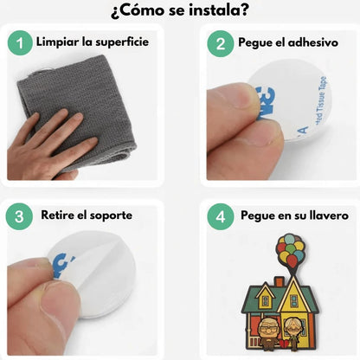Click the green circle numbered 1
20,43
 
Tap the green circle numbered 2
221,43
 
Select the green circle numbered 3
19,216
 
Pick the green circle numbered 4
221,216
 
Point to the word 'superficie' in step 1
122,42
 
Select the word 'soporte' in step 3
111,215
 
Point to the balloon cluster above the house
291,250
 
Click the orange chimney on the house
279,282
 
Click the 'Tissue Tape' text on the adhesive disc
321,98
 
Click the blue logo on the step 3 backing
63,266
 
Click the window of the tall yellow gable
294,301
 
